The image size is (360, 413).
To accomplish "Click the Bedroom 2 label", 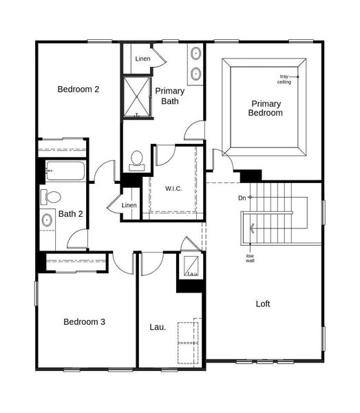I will point(78,89).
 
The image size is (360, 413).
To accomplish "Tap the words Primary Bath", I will point(169,96).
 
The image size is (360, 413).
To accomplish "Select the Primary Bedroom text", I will point(265,108).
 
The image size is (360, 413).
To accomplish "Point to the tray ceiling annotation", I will point(284,79).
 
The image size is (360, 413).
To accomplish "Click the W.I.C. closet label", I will point(173,188).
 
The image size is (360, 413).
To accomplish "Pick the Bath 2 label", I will point(70,214).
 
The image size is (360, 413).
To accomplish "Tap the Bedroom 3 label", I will point(84,321).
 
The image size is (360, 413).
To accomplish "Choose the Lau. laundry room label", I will point(158,327).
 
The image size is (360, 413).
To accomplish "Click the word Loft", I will point(263,304).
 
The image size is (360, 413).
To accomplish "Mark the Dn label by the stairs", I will point(242,198).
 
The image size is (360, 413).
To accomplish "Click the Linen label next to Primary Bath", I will point(142,59).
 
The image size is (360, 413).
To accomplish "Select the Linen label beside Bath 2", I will point(129,205).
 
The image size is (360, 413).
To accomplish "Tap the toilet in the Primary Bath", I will point(136,160).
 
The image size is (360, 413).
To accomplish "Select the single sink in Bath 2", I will point(47,220).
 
